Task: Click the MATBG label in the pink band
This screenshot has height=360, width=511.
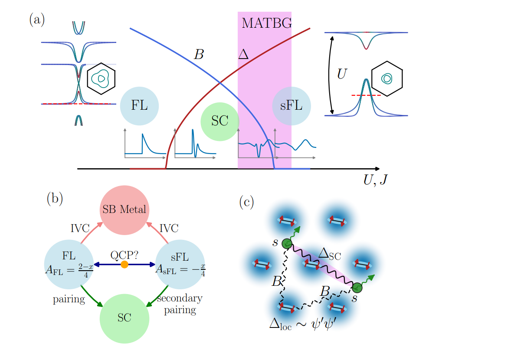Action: (x=266, y=23)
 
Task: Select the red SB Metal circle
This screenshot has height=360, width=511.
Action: (x=124, y=210)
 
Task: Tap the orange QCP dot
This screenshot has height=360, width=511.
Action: (x=124, y=264)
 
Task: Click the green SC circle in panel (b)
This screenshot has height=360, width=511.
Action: (x=124, y=318)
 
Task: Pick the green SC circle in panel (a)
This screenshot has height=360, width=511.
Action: (x=220, y=121)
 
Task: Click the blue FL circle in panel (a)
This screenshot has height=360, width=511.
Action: (x=139, y=106)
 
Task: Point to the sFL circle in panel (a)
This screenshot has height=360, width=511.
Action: (x=291, y=106)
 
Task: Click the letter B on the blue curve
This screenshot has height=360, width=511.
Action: (x=198, y=55)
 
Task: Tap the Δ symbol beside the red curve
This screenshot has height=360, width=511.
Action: (x=243, y=54)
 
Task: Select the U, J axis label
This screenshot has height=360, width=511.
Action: (x=375, y=179)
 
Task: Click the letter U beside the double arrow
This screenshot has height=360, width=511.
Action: (x=342, y=75)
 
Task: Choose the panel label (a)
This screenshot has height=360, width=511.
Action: (x=37, y=20)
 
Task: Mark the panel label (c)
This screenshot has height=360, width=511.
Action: (x=247, y=202)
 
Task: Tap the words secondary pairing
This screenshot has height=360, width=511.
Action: (x=180, y=304)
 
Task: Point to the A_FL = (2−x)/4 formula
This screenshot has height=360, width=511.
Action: (x=69, y=270)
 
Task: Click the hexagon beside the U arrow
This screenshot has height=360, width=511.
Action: (x=387, y=79)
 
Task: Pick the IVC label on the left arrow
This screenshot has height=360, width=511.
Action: (x=80, y=228)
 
